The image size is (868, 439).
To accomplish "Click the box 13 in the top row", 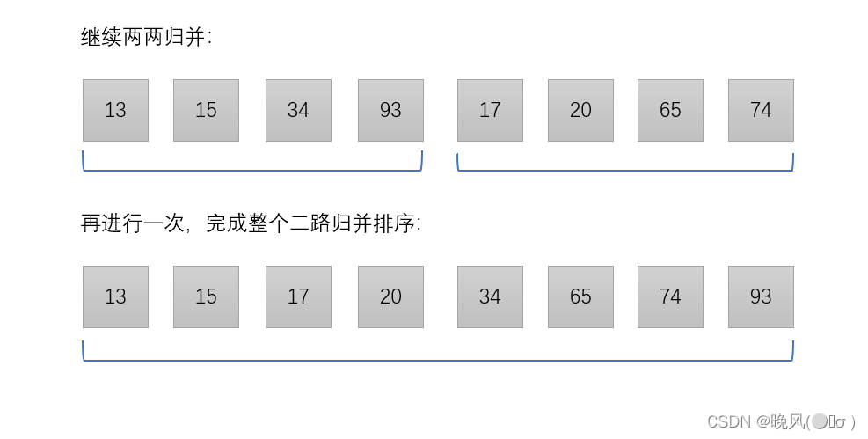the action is [x=115, y=110].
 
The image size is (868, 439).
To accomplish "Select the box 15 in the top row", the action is [x=206, y=110].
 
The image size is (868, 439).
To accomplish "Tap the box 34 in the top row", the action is [x=298, y=110].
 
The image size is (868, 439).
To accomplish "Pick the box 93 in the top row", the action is [x=390, y=110].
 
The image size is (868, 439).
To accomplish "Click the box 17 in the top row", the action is [x=490, y=110].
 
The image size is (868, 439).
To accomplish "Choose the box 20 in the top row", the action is [x=580, y=110].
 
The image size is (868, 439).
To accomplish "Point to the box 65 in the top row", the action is [x=670, y=110].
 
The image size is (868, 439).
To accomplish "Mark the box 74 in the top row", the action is [x=761, y=110].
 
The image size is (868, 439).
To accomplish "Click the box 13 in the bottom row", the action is [x=115, y=296].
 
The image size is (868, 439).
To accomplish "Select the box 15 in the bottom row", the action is [x=206, y=296].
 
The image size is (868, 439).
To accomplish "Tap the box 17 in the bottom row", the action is [x=298, y=296].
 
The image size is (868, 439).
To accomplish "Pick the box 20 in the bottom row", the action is [x=390, y=296].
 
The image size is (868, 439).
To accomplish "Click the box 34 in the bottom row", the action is [x=490, y=296].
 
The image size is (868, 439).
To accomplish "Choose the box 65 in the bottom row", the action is [x=580, y=296].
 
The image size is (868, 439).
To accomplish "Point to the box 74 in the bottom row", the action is [x=670, y=296].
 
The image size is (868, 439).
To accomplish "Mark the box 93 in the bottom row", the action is [x=761, y=296].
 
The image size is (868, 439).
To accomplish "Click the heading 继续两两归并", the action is [x=146, y=37].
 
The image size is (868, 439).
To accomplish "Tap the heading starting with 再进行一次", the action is [x=251, y=223].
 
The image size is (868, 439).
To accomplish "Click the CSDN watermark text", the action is [x=781, y=421].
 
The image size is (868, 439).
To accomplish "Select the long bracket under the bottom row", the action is [x=437, y=359].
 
